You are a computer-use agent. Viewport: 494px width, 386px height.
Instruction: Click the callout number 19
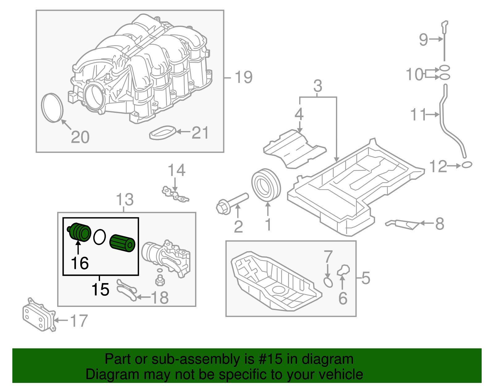(243, 77)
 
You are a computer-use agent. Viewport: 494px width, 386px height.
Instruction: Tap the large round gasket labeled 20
(52, 108)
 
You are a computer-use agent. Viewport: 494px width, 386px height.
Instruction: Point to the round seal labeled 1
(266, 185)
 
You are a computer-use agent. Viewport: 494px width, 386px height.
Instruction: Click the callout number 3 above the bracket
(318, 86)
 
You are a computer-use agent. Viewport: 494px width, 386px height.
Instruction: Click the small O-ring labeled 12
(467, 165)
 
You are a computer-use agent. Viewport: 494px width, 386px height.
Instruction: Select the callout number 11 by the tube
(418, 115)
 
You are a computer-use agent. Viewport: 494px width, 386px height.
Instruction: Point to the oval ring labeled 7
(328, 282)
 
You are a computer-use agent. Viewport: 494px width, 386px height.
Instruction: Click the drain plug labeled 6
(343, 270)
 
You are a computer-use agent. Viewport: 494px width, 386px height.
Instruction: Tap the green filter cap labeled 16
(80, 232)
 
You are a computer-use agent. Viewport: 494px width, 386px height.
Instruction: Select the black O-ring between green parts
(99, 237)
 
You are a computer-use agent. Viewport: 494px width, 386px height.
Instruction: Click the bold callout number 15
(100, 289)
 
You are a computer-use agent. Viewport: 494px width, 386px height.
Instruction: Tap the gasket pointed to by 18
(127, 289)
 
